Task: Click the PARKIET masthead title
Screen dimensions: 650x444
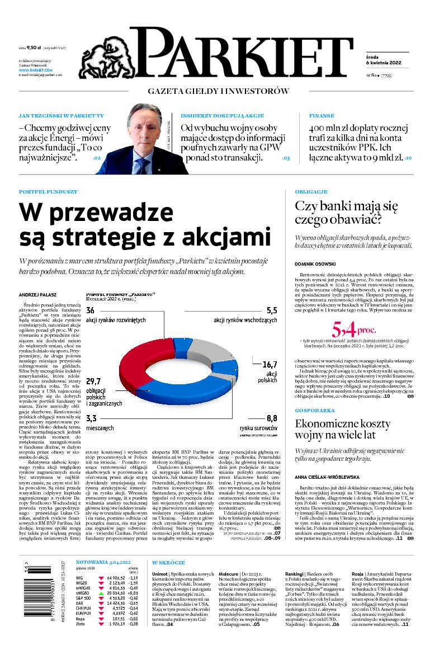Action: click(243, 54)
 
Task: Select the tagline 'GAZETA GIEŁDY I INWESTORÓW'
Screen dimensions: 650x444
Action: click(218, 91)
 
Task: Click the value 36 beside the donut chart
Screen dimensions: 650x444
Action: click(90, 310)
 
